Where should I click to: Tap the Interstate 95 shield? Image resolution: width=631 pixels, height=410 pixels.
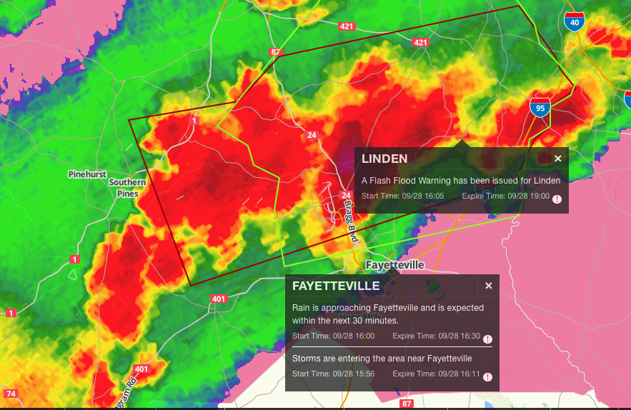pos(540,107)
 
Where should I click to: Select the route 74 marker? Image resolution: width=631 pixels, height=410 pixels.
pos(10,394)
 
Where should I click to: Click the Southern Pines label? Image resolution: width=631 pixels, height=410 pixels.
pos(127,188)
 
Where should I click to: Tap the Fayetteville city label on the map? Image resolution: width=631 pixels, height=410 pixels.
pos(394,265)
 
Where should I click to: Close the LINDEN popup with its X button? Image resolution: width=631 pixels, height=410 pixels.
pos(558,159)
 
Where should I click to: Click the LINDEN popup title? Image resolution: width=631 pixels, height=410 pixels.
pos(384,159)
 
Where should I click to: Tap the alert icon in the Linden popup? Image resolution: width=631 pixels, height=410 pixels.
pos(557,199)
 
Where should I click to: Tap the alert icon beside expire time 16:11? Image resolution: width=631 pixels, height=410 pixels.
pos(487,377)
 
